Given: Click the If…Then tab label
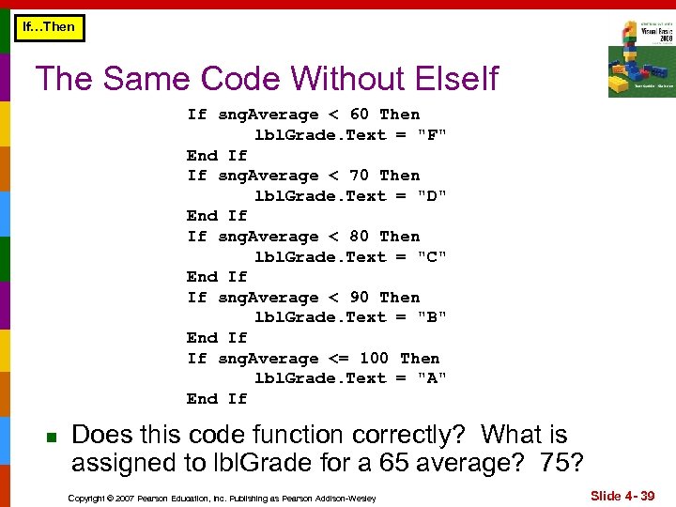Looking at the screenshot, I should (48, 27).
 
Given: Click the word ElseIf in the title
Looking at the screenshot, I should (450, 79).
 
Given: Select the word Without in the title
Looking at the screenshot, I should (322, 79).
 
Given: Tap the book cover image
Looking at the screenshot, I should (640, 58).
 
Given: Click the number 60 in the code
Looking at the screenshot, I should (359, 115).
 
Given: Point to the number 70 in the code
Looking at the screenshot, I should (359, 176).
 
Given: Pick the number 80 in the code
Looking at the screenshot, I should (359, 237).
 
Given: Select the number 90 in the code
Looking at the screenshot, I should (359, 298).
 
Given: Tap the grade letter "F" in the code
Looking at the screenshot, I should (433, 135).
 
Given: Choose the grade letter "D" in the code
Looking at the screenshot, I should (433, 196).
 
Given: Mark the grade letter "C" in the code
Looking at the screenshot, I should (433, 257).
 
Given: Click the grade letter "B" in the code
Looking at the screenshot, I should (433, 317).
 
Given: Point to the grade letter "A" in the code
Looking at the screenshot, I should (433, 378).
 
